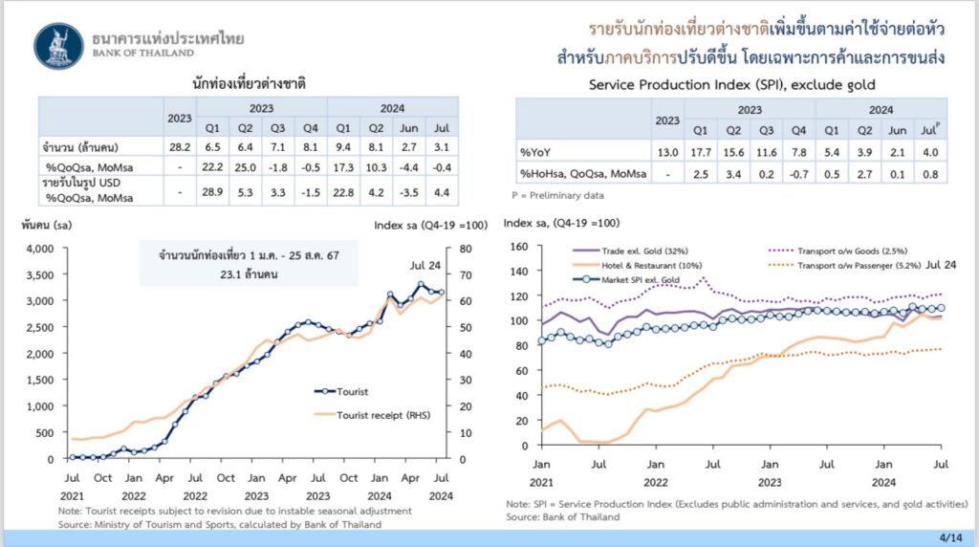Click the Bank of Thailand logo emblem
[x=58, y=46]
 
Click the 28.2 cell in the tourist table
[x=179, y=148]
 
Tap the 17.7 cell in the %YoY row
[x=700, y=151]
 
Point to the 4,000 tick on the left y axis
[x=41, y=249]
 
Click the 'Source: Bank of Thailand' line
[x=562, y=516]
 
